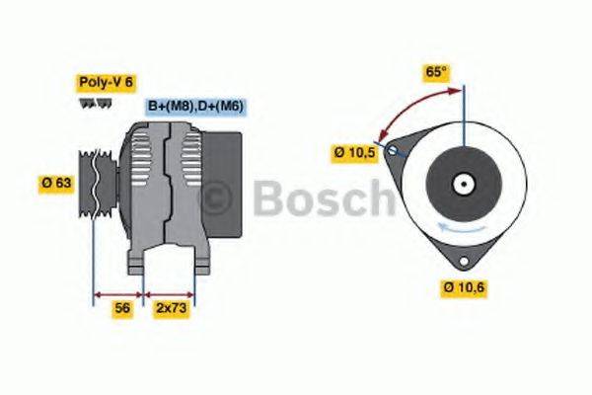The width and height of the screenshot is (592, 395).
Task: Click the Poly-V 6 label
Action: click(x=105, y=82)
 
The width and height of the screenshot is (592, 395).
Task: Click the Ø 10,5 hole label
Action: click(x=354, y=152)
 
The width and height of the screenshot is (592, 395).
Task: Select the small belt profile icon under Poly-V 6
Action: click(x=92, y=103)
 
